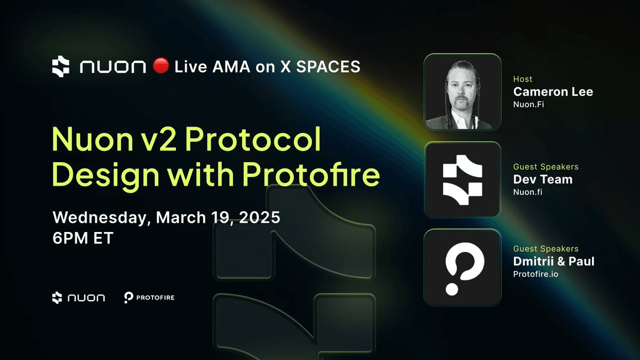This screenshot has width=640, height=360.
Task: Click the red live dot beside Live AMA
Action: tap(161, 66)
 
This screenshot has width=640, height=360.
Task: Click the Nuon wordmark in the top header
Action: tap(113, 67)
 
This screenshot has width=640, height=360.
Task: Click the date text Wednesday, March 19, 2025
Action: tap(166, 218)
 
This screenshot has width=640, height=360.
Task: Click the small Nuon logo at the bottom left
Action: tap(78, 298)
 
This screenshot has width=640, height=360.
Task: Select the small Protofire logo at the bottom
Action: tap(149, 298)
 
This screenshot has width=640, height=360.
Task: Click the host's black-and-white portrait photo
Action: tap(462, 92)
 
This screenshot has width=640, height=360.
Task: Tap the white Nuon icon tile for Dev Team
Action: tap(462, 179)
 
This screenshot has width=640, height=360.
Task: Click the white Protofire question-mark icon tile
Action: tap(462, 267)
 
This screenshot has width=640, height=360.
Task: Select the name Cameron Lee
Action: tap(553, 92)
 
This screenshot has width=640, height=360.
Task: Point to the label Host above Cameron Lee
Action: tap(523, 79)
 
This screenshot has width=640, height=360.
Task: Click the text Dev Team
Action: tap(542, 179)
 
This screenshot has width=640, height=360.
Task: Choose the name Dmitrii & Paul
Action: tap(554, 261)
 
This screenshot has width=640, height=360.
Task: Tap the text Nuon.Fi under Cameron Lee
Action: tap(528, 105)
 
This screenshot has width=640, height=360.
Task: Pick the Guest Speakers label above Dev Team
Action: tap(545, 167)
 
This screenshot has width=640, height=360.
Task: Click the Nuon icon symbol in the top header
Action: tap(61, 67)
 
